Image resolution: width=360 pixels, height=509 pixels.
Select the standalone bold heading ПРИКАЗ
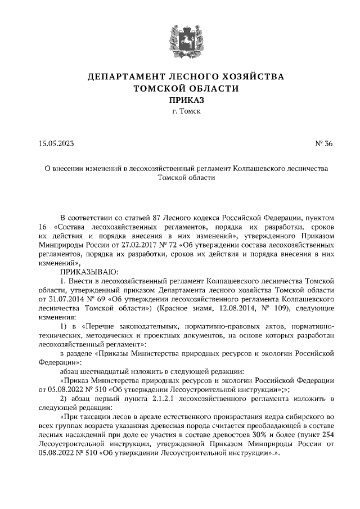pyautogui.click(x=179, y=100)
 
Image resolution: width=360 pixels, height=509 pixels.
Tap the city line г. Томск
pyautogui.click(x=179, y=111)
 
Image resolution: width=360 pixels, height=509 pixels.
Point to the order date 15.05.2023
pyautogui.click(x=56, y=143)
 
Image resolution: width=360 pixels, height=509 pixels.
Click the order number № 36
pyautogui.click(x=325, y=143)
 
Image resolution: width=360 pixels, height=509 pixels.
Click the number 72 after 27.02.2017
pyautogui.click(x=166, y=246)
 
